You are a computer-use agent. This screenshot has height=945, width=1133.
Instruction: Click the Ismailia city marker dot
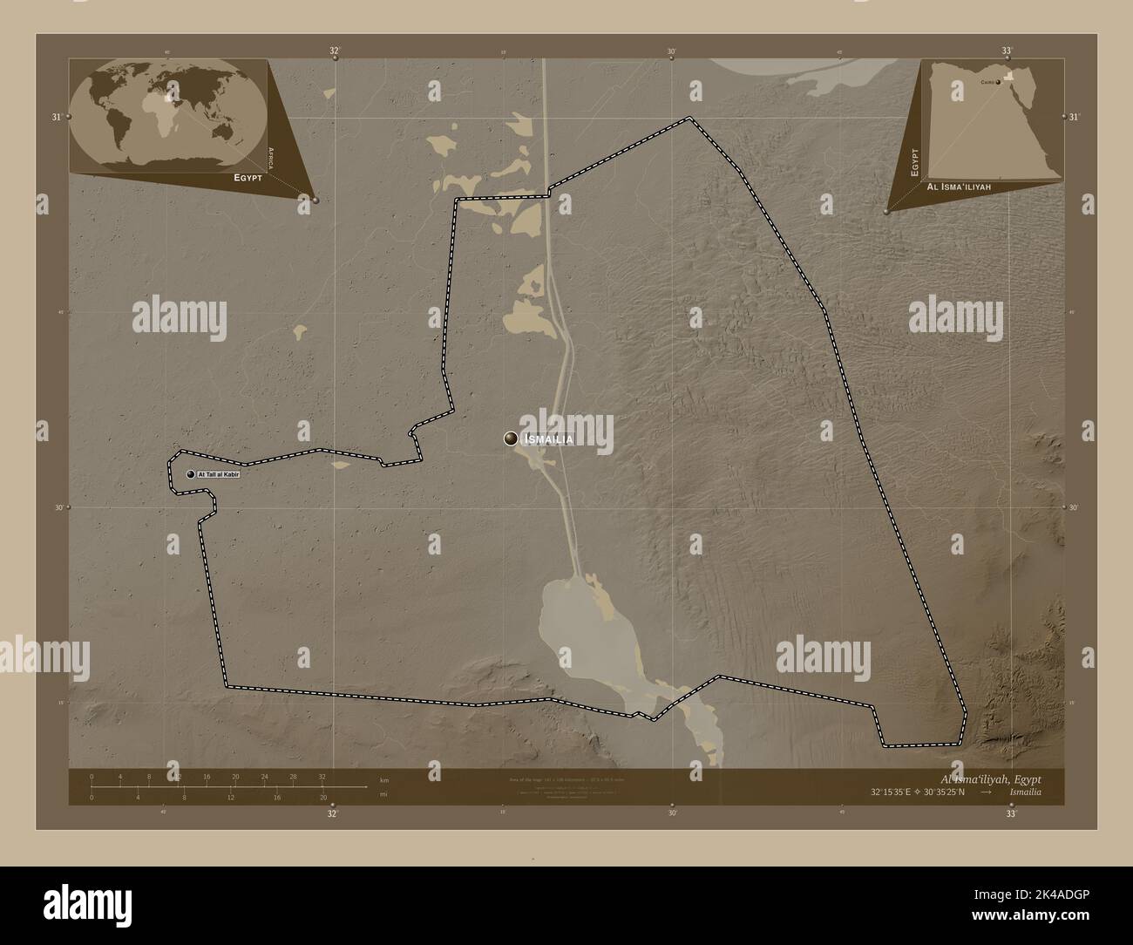coord(511,439)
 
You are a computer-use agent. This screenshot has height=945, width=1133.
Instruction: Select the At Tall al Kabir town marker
coord(190,474)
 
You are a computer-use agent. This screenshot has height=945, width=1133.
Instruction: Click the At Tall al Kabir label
coord(218,474)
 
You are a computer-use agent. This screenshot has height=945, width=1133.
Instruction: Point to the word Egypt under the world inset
coord(247,177)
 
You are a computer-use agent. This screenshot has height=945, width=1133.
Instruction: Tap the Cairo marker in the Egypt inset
coord(997,83)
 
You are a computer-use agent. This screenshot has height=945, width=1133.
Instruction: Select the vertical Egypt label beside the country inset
coord(915,162)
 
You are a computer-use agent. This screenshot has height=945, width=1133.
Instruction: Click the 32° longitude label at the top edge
coord(334,51)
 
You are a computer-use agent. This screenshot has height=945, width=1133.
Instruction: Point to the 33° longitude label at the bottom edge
coord(1011,813)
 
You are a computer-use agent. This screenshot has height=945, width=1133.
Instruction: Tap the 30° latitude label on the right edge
coord(1075,507)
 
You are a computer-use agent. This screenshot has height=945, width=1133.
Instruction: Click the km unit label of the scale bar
coord(383,780)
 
